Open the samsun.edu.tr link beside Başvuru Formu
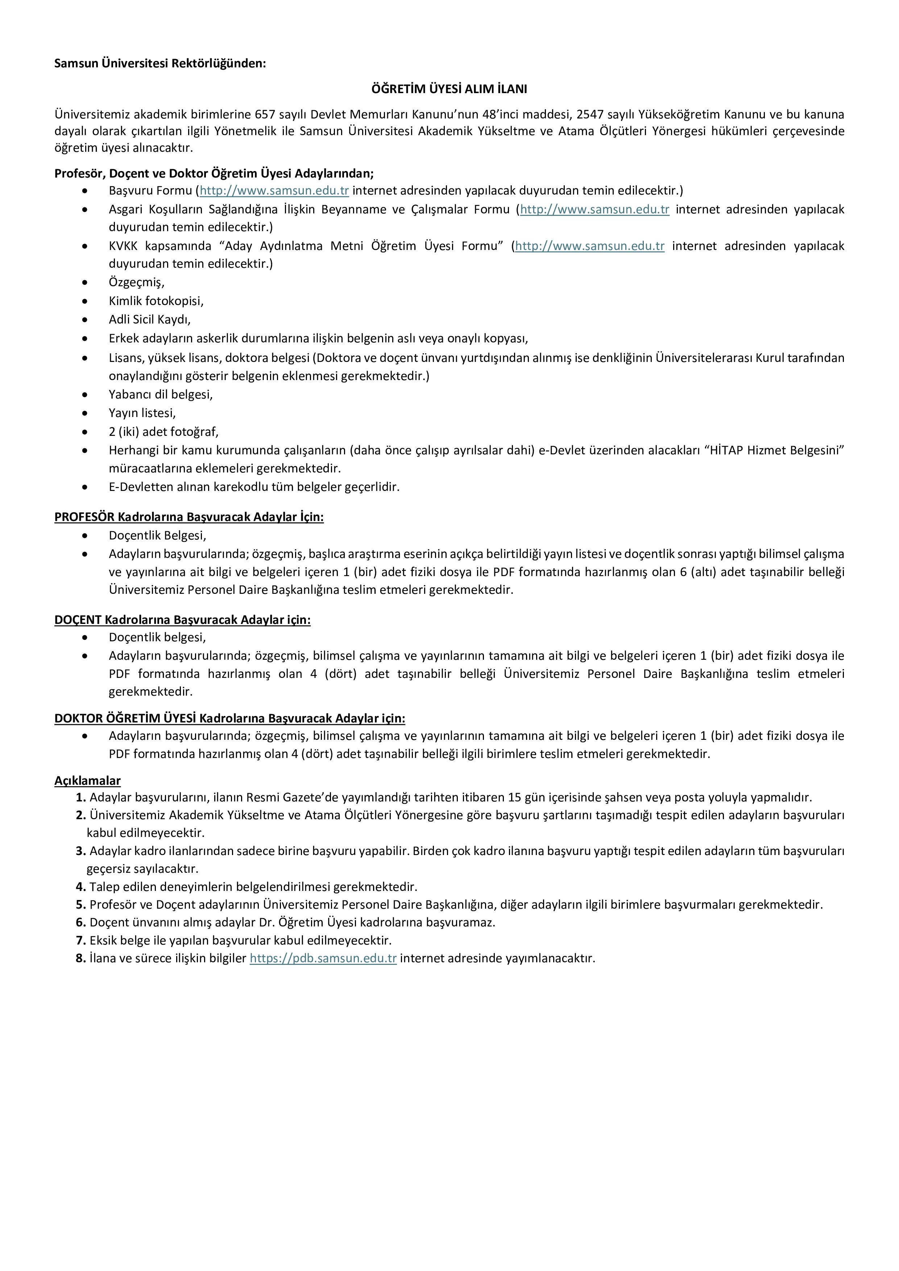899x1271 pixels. pos(274,191)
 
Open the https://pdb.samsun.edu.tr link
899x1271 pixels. pos(323,958)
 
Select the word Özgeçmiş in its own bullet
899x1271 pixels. pos(136,282)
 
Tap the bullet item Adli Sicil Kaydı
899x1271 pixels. pos(150,320)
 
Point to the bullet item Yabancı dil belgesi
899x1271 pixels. pos(161,395)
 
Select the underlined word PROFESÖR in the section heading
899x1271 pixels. pos(84,517)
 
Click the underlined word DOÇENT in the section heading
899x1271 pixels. pos(78,620)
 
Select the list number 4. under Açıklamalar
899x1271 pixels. pos(81,887)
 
